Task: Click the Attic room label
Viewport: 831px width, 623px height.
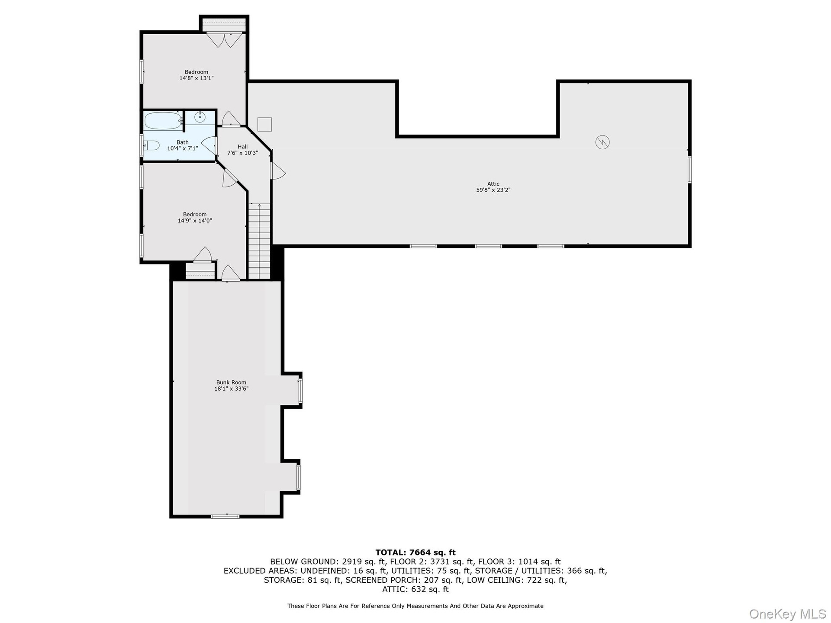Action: pyautogui.click(x=493, y=184)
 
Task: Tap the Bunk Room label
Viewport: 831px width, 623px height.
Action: pyautogui.click(x=231, y=382)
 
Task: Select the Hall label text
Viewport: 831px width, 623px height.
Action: pyautogui.click(x=242, y=147)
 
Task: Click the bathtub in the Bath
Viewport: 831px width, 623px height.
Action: pyautogui.click(x=163, y=121)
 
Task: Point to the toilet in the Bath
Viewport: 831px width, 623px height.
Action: pyautogui.click(x=152, y=145)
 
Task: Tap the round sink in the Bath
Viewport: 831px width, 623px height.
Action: pyautogui.click(x=200, y=117)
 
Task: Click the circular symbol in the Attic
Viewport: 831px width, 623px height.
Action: pyautogui.click(x=602, y=142)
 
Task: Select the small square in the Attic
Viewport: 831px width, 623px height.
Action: pyautogui.click(x=264, y=124)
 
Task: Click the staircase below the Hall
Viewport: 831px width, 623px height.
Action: pyautogui.click(x=259, y=241)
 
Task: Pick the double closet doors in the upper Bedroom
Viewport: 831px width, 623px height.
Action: pyautogui.click(x=224, y=40)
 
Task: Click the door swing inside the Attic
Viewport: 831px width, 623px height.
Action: pyautogui.click(x=278, y=170)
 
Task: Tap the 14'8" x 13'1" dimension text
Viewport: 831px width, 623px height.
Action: pyautogui.click(x=196, y=78)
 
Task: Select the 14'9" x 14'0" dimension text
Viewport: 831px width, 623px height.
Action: pyautogui.click(x=195, y=221)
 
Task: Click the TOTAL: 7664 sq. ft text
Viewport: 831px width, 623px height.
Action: pyautogui.click(x=415, y=552)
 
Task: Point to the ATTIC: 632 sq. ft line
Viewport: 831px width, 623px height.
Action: pyautogui.click(x=415, y=589)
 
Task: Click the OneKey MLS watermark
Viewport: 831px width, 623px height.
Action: pyautogui.click(x=788, y=613)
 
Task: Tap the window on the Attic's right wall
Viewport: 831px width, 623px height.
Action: pyautogui.click(x=689, y=170)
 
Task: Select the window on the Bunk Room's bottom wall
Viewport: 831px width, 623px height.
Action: pyautogui.click(x=225, y=516)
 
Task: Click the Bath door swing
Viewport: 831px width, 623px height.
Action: pyautogui.click(x=209, y=146)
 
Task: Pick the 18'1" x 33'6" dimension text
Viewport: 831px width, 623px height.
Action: pyautogui.click(x=231, y=389)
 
